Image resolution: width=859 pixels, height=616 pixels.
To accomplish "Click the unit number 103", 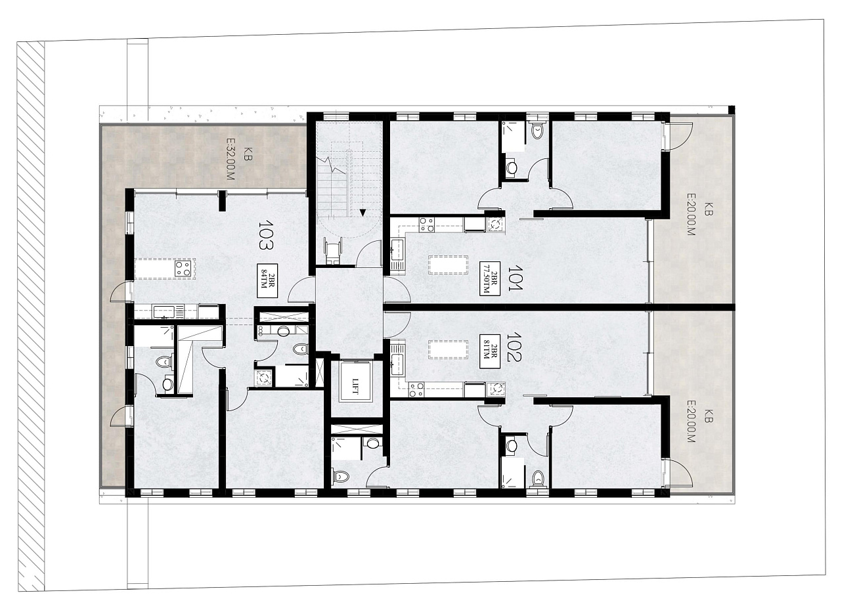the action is pyautogui.click(x=265, y=234).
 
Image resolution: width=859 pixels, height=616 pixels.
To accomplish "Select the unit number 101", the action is pyautogui.click(x=514, y=278).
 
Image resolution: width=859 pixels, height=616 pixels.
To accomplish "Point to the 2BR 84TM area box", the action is pyautogui.click(x=268, y=281).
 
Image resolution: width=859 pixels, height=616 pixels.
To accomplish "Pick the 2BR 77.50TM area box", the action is pyautogui.click(x=490, y=278).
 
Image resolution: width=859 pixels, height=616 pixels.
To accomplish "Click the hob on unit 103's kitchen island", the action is pyautogui.click(x=183, y=268).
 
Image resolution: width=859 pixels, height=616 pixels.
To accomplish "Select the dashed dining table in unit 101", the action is pyautogui.click(x=448, y=265).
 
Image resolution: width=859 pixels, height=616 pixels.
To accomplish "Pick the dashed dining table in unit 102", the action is pyautogui.click(x=448, y=349).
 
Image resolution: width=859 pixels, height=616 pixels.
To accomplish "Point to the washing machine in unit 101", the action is pyautogui.click(x=495, y=225).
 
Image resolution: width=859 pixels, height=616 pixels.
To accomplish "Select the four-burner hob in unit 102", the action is pyautogui.click(x=416, y=389).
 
